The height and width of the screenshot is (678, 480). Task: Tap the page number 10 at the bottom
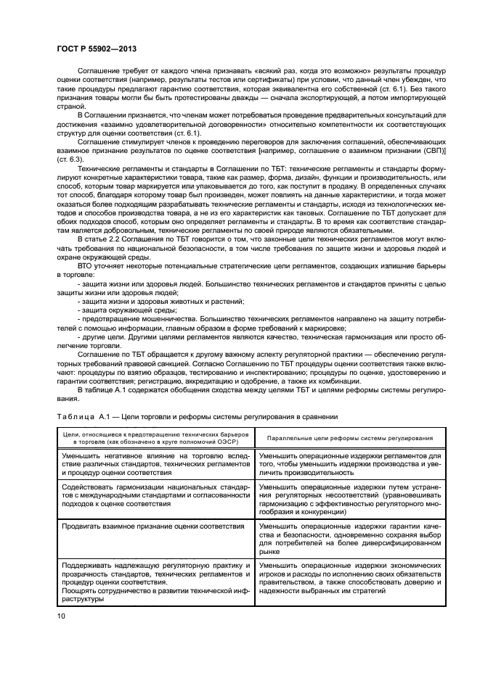pos(60,615)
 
